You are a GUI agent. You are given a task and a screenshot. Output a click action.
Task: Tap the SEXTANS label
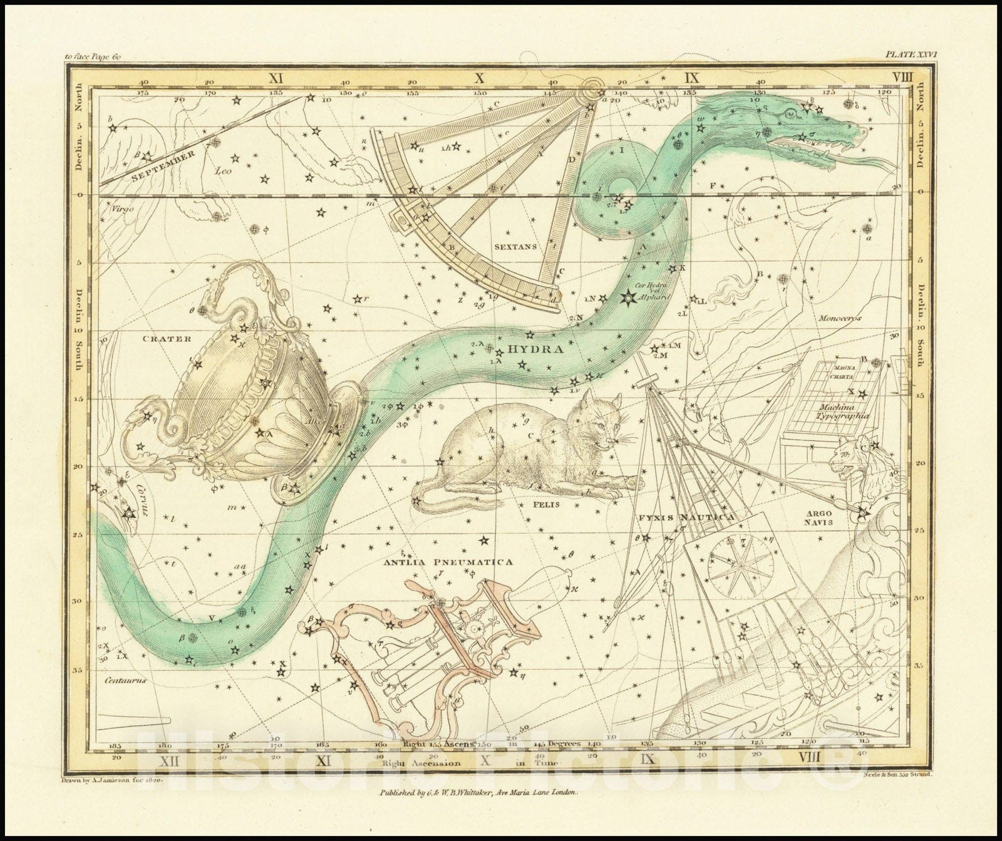coord(515,247)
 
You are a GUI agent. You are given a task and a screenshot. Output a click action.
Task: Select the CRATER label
coord(166,339)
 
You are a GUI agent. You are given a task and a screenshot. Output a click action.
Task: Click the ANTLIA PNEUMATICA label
coord(449,562)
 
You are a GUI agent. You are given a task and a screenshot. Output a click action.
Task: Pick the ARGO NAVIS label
coord(819,517)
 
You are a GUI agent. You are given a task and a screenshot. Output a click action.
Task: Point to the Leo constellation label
coord(223,170)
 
